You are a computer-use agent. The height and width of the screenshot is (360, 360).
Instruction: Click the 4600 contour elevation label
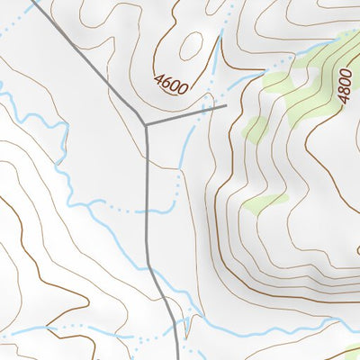171,85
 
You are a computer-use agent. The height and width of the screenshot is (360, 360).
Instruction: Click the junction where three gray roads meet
145,123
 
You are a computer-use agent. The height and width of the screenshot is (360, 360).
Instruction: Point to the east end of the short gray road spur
224,106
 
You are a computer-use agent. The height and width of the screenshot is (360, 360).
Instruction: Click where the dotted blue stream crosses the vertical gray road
147,211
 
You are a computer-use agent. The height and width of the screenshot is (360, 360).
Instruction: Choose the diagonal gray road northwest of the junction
90,62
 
